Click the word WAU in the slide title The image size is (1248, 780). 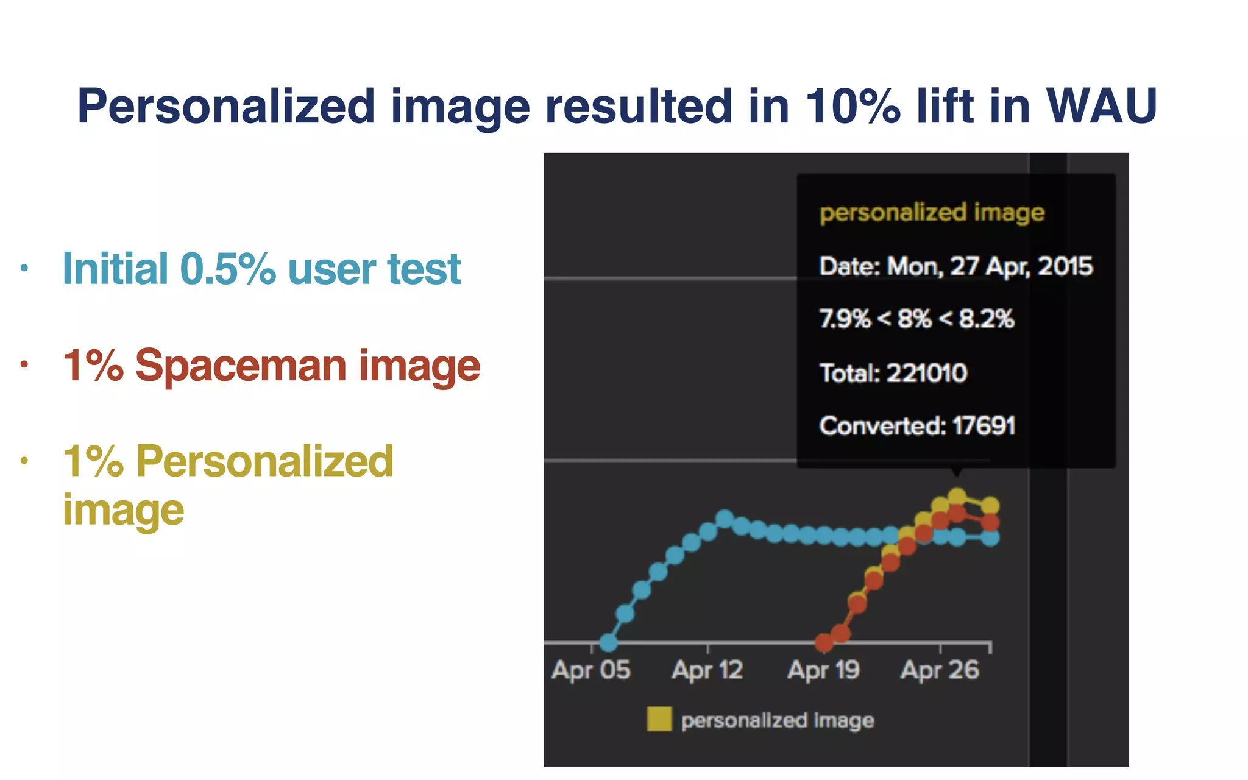coord(1101,107)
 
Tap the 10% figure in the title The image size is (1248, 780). coord(852,107)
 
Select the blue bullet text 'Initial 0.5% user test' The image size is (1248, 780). coord(261,269)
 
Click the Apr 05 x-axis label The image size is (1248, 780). coord(591,670)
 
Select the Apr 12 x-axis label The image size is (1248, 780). coord(707,670)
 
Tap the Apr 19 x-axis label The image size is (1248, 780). coord(823,670)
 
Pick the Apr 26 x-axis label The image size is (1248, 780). coord(940,670)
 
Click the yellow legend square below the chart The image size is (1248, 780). coord(659,719)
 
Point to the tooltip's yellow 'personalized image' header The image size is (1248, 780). coord(932,213)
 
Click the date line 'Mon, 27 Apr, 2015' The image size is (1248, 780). coord(990,266)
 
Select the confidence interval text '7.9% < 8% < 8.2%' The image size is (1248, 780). coord(916,319)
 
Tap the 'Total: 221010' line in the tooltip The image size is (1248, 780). coord(893,373)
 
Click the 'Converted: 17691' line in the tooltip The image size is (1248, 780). coord(917,426)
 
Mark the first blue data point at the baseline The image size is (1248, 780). coord(608,642)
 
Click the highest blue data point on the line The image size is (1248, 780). coord(725,519)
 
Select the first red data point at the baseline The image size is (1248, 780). coord(824,642)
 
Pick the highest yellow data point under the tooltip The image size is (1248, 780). coord(957,497)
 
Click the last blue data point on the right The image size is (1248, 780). coord(990,537)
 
